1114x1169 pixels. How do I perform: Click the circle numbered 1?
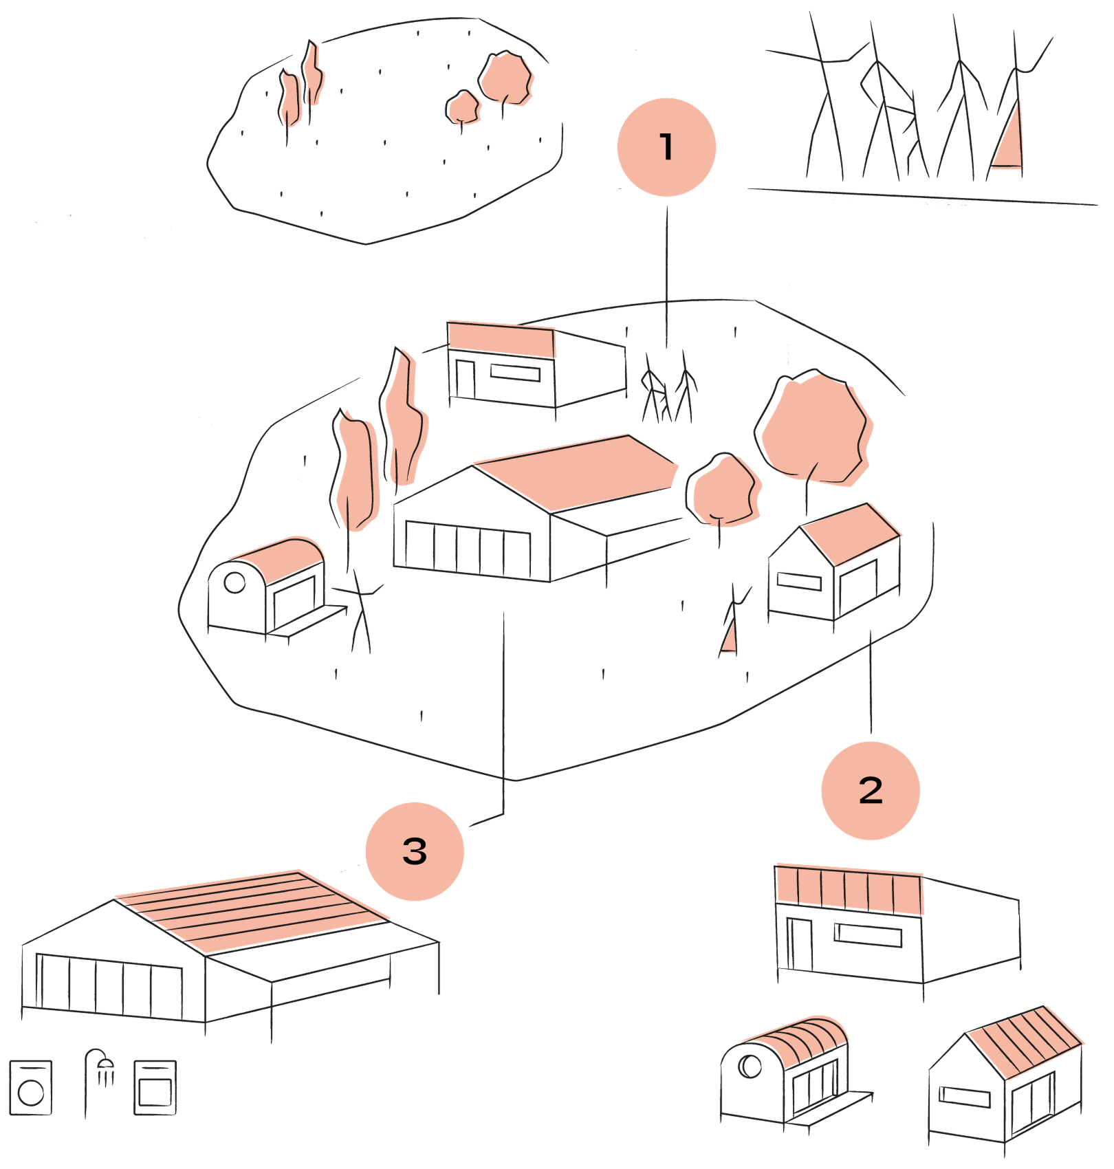(x=666, y=147)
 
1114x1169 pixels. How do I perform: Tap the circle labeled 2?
(x=871, y=790)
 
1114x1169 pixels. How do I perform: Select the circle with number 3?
(x=415, y=851)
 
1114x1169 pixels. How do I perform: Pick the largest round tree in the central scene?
(x=815, y=430)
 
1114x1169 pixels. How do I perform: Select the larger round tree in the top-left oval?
(x=506, y=78)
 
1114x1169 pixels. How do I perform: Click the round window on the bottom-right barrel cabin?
(x=750, y=1067)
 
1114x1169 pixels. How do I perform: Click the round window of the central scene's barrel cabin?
(x=234, y=582)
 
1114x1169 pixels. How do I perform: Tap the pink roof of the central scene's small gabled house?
(x=851, y=534)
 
